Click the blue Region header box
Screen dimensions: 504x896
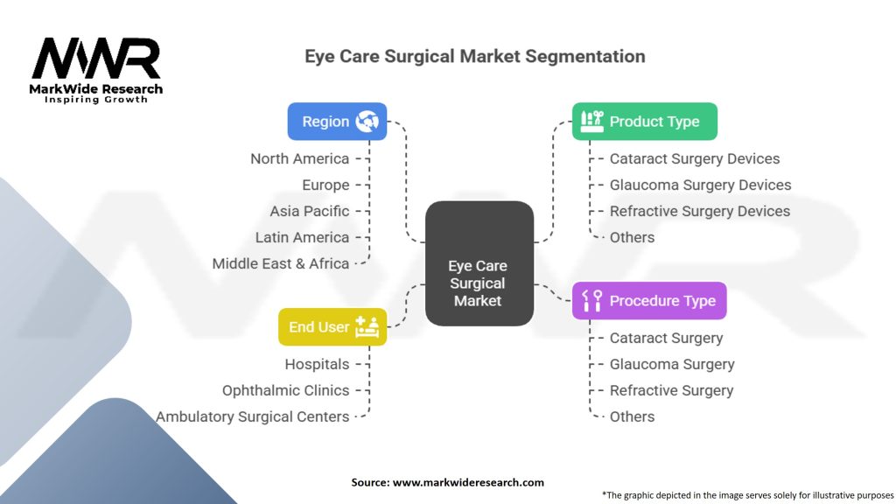point(337,122)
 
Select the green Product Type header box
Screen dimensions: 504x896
point(645,122)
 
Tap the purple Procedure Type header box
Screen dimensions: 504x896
point(649,301)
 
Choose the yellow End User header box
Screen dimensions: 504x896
point(332,327)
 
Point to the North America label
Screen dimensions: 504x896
point(299,158)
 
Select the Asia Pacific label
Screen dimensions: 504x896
point(309,211)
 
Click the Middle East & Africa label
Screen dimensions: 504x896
point(280,263)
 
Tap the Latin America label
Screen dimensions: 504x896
point(302,237)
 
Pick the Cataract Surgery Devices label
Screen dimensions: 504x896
point(694,158)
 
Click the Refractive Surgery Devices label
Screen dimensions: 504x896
point(699,211)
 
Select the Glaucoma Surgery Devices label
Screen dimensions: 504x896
point(700,185)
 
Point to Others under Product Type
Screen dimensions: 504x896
point(632,237)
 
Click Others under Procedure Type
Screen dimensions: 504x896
point(632,416)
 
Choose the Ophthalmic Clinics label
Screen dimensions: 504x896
point(285,390)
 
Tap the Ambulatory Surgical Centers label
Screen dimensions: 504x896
point(252,416)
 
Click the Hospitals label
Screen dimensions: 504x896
point(316,364)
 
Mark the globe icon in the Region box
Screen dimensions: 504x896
point(367,122)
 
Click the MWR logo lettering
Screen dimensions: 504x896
point(96,59)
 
